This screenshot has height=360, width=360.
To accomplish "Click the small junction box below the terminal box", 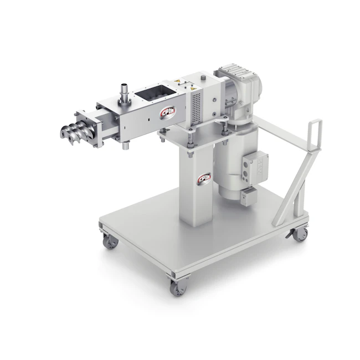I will tap(249, 194).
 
